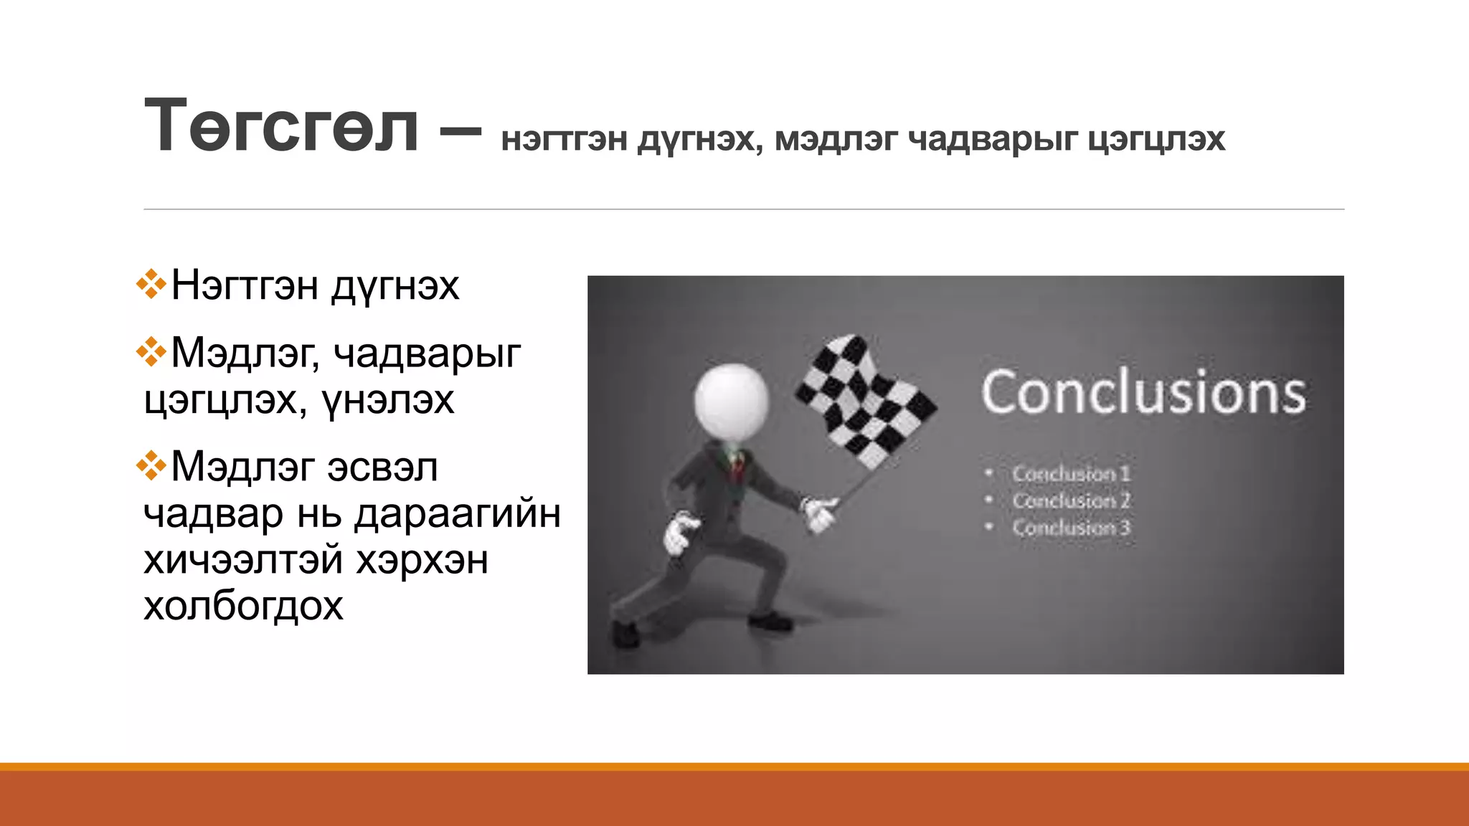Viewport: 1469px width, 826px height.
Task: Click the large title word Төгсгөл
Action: point(281,127)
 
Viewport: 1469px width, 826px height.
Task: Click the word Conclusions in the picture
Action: point(1143,393)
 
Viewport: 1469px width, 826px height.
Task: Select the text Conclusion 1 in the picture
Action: point(1071,474)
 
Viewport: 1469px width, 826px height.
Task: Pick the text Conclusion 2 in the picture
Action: point(1071,500)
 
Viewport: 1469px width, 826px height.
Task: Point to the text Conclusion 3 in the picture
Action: point(1071,528)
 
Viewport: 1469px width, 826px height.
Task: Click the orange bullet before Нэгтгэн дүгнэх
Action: point(151,284)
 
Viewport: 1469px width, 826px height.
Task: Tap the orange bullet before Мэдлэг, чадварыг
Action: point(151,351)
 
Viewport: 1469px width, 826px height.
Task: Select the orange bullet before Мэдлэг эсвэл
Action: point(151,465)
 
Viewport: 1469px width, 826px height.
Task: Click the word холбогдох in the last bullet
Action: point(243,606)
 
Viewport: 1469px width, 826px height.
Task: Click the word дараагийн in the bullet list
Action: point(458,513)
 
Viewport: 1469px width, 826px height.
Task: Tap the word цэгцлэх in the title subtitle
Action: point(1156,140)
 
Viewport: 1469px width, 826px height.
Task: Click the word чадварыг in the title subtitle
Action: point(993,140)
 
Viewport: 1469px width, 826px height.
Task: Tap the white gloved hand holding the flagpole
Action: point(819,514)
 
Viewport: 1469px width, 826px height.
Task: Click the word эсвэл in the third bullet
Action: point(382,467)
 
